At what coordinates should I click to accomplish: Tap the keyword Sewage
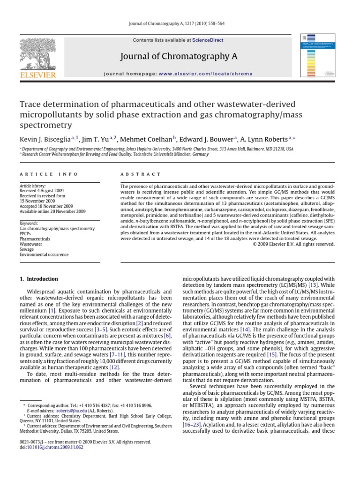(x=27, y=249)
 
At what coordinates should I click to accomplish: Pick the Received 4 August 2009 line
(x=44, y=191)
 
